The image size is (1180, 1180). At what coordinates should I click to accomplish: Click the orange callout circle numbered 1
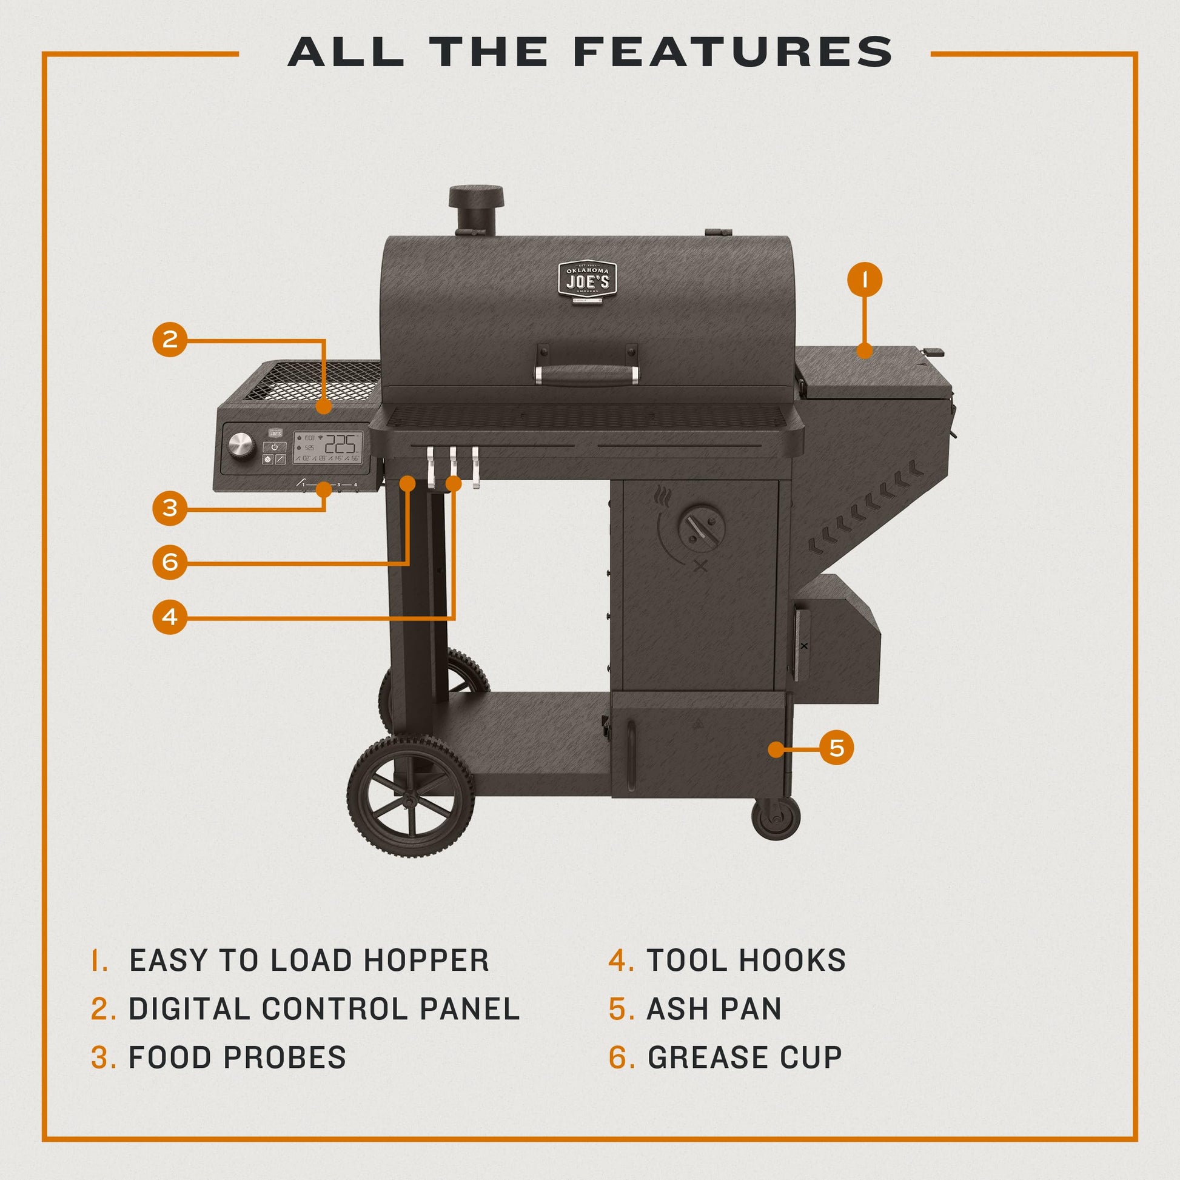point(864,280)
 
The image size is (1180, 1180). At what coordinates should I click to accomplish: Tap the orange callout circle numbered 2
point(170,339)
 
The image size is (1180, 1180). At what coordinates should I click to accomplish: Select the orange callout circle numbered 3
point(170,508)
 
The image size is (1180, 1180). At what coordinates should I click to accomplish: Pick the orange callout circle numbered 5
point(836,748)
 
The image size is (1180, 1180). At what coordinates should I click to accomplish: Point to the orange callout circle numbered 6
point(170,562)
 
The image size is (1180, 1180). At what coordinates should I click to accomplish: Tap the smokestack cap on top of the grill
point(476,196)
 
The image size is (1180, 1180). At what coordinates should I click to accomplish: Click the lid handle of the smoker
point(587,374)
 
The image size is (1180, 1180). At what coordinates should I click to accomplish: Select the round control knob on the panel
point(241,444)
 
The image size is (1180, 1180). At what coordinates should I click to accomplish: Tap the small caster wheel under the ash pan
point(776,819)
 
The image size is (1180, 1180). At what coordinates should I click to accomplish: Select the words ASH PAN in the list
point(714,1009)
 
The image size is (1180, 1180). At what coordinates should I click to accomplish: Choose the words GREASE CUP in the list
point(745,1058)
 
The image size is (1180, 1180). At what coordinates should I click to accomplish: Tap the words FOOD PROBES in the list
point(237,1058)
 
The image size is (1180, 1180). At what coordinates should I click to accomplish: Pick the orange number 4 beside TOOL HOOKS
point(621,960)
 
